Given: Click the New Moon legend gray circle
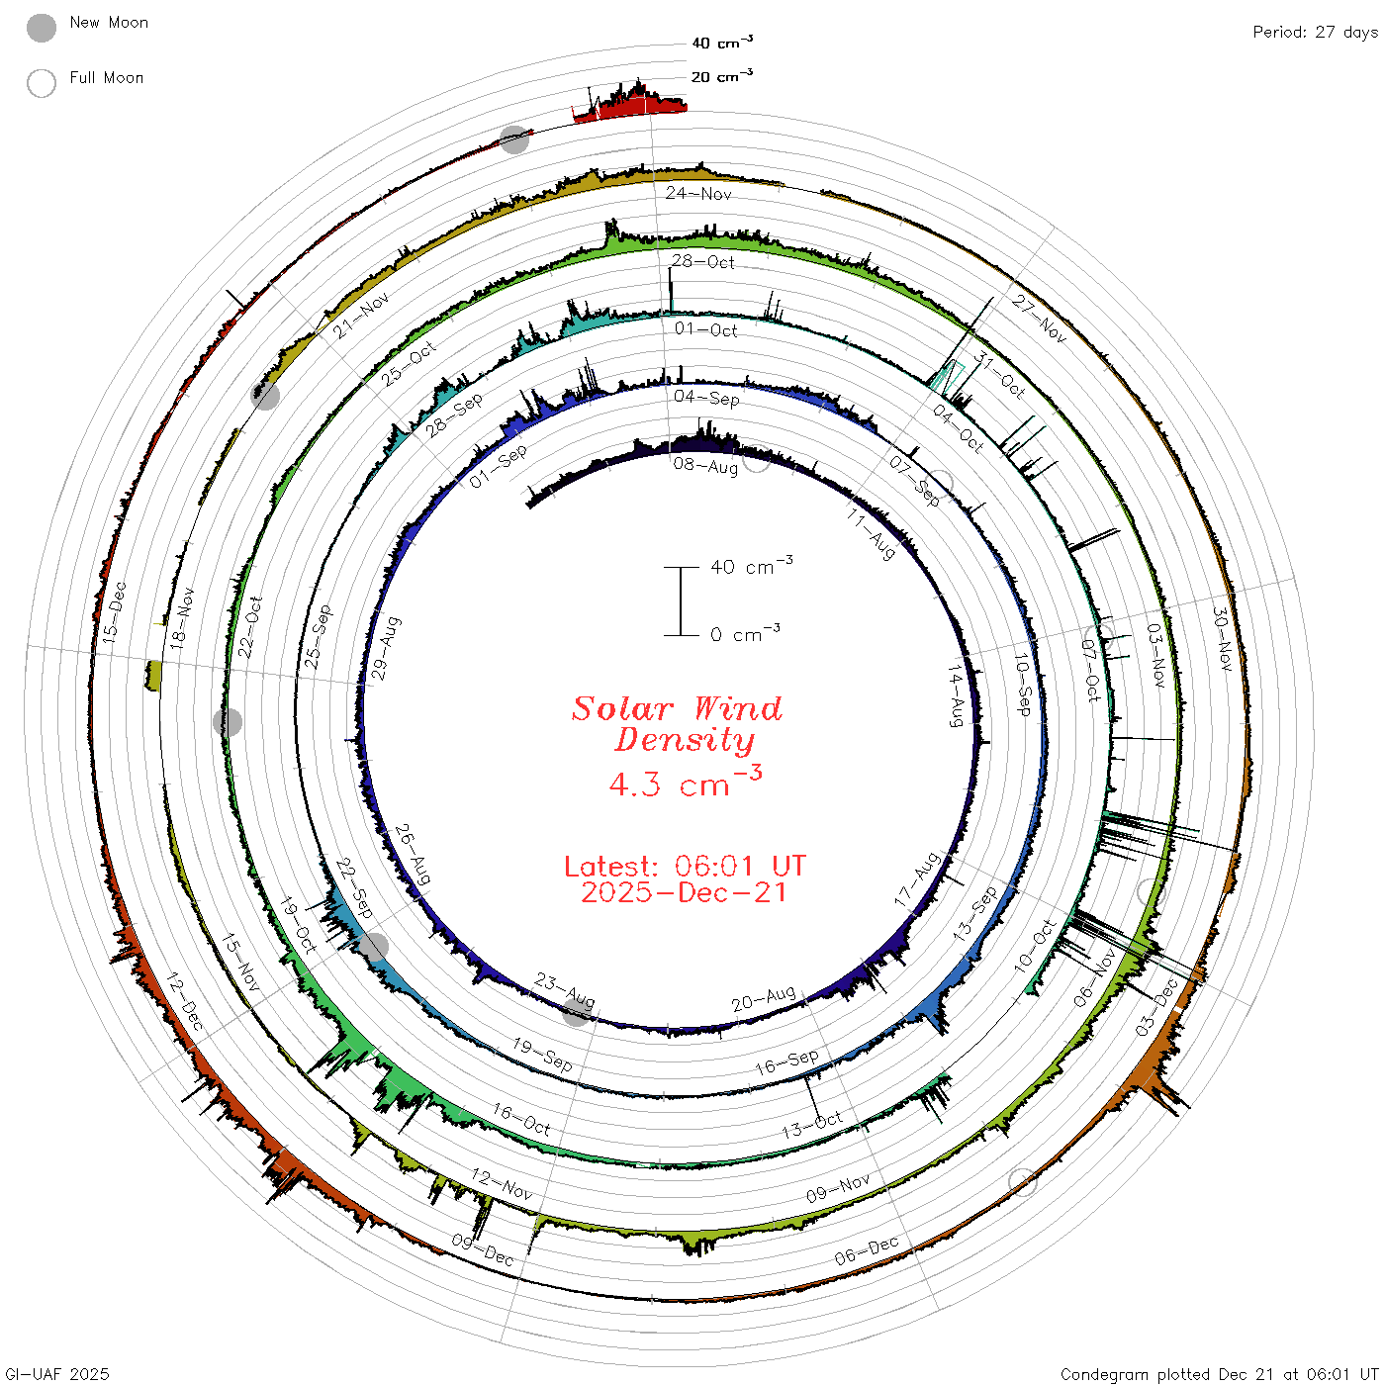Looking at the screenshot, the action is point(41,28).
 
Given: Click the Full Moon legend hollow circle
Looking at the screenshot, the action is point(41,83).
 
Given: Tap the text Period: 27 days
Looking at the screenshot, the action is point(1316,33).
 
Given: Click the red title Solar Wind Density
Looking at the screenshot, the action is point(677,724).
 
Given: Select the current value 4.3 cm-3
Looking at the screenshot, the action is point(685,782).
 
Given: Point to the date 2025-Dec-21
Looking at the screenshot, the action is point(685,892).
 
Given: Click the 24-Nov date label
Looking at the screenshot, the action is point(697,193).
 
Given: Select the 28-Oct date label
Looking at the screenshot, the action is point(703,261).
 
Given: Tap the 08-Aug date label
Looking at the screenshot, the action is point(705,466).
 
